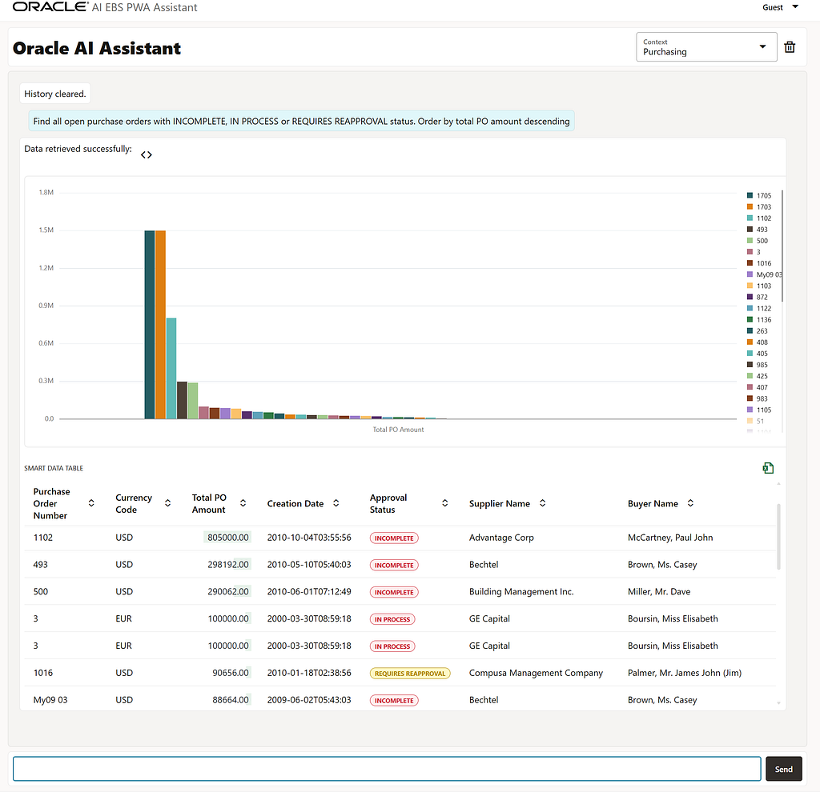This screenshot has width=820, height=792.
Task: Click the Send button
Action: [783, 769]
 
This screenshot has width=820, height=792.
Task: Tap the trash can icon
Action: [790, 47]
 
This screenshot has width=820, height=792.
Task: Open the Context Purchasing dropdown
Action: [706, 47]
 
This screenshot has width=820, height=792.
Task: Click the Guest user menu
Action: [780, 7]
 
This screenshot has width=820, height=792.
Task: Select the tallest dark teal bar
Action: [150, 325]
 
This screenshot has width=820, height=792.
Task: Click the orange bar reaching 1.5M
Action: [160, 325]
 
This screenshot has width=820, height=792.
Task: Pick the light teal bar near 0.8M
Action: [171, 368]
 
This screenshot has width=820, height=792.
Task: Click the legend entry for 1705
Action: [759, 195]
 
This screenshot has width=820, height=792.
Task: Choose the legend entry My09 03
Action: [764, 274]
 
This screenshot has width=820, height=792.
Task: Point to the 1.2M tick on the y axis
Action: [46, 268]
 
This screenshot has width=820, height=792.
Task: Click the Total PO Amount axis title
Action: [398, 430]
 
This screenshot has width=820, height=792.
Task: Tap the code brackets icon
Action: [147, 154]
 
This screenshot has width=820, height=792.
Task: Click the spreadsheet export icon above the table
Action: [768, 468]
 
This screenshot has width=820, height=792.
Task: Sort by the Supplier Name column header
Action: [500, 504]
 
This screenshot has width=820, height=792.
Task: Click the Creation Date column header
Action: [295, 504]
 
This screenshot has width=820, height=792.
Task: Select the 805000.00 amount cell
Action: [227, 538]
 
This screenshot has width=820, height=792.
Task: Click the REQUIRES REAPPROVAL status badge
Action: [410, 674]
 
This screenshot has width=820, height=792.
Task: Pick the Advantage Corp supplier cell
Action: [501, 538]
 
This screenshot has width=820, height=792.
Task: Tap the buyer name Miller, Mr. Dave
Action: [659, 591]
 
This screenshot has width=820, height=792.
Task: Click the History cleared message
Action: [55, 94]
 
